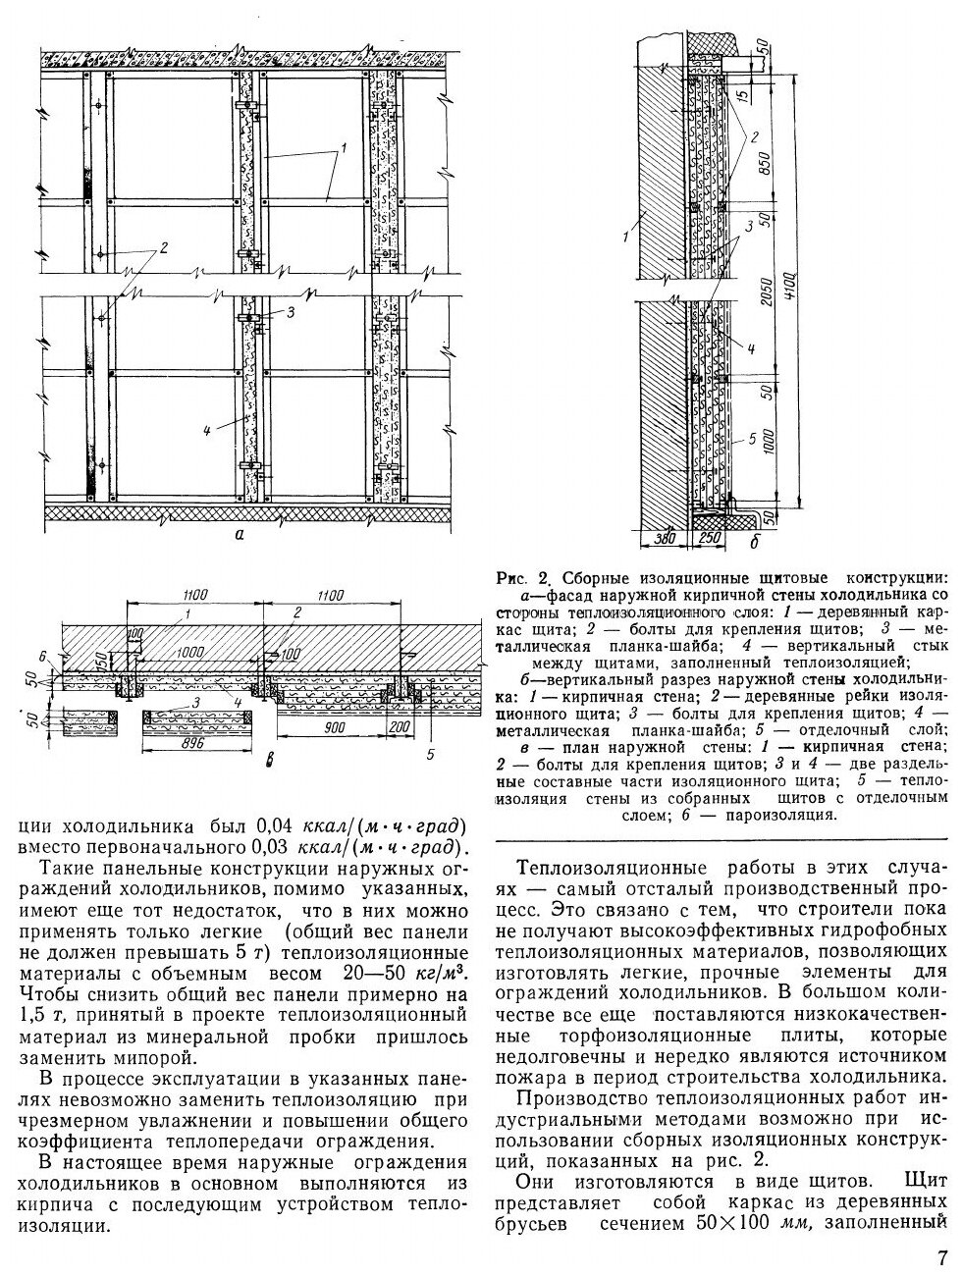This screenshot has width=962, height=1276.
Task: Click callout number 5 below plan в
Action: pos(430,754)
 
